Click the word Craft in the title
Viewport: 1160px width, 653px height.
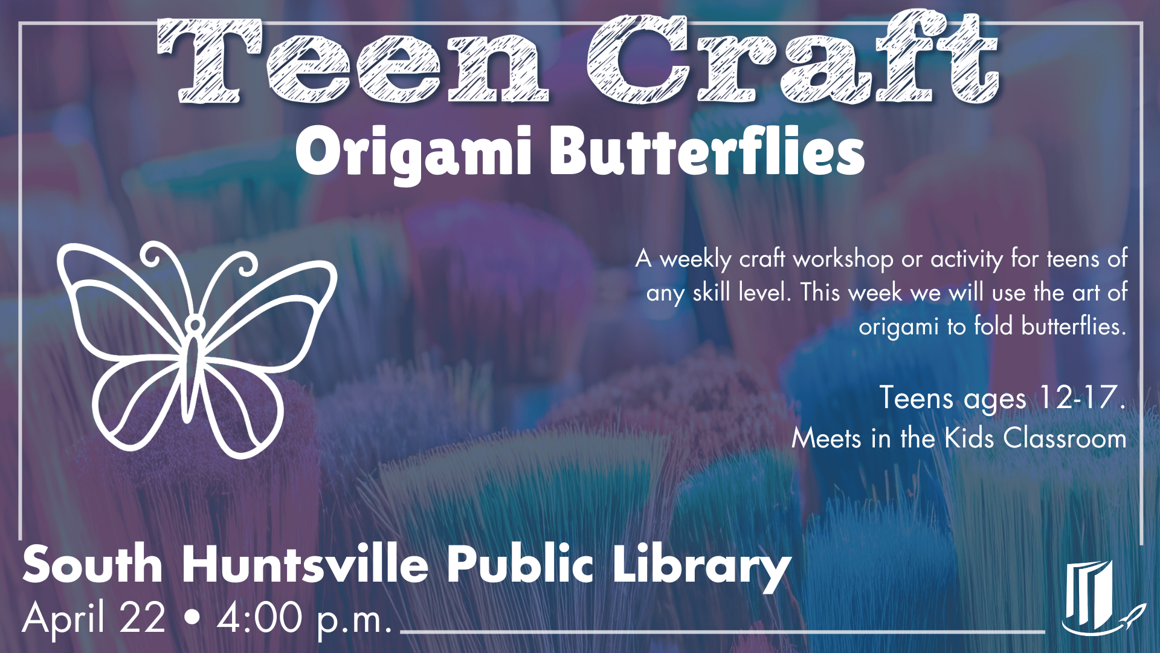click(791, 60)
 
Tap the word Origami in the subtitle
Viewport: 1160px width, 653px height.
click(413, 152)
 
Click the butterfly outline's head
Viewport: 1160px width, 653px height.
click(195, 325)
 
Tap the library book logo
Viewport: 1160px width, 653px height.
click(1094, 599)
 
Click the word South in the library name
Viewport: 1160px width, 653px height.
click(92, 565)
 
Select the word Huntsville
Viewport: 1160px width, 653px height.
click(305, 565)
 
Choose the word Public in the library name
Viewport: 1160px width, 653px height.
click(520, 565)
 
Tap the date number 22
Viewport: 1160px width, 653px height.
click(142, 618)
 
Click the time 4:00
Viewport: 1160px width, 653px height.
click(260, 618)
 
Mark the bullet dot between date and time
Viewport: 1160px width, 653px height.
click(192, 619)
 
